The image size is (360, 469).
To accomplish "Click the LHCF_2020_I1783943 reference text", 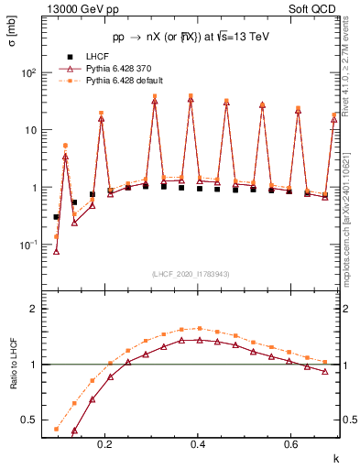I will [x=190, y=274].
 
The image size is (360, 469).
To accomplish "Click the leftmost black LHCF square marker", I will [x=57, y=217].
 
